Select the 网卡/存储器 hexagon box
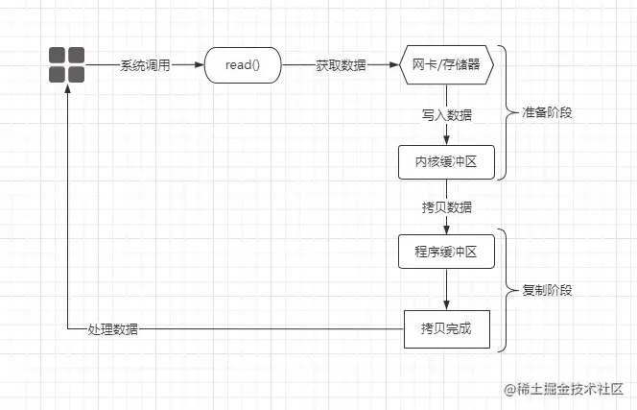(447, 65)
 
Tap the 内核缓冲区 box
(447, 161)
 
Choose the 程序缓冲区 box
(447, 251)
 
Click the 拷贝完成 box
(447, 329)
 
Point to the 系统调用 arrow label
(145, 65)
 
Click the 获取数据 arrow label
(341, 65)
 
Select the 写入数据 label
(447, 113)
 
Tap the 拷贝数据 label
(447, 206)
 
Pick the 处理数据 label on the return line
(112, 329)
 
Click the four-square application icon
(67, 64)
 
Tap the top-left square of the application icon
(59, 56)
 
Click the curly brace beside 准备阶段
(507, 112)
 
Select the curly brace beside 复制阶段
(507, 290)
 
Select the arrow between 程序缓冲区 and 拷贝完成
(447, 289)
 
